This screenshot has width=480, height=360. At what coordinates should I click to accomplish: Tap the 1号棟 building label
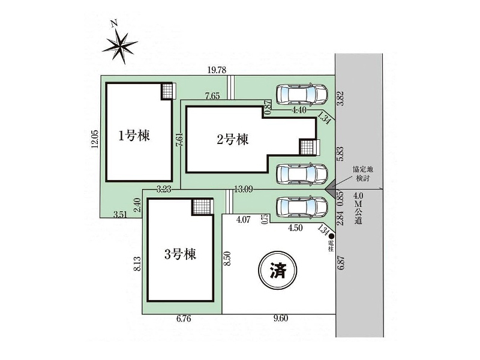tap(134, 136)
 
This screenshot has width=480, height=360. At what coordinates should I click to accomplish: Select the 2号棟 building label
tap(233, 140)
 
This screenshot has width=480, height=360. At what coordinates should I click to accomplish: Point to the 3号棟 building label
tap(180, 254)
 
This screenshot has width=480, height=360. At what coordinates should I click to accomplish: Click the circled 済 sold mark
tap(278, 271)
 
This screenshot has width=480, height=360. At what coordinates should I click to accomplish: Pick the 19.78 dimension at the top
tap(217, 70)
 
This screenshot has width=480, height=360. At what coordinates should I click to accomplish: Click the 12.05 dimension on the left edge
tap(95, 139)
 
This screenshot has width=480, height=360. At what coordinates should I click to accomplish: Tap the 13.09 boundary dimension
tap(244, 189)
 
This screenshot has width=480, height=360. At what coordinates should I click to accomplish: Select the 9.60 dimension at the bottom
tap(281, 319)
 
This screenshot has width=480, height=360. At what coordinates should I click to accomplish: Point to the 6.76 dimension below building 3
tap(184, 319)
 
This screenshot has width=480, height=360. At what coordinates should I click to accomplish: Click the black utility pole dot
tap(331, 236)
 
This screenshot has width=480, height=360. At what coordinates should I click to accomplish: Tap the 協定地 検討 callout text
tap(363, 173)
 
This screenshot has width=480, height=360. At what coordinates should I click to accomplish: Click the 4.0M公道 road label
tap(358, 208)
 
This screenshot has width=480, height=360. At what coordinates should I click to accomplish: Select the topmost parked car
tap(302, 94)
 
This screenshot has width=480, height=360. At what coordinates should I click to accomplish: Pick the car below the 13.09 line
tap(302, 207)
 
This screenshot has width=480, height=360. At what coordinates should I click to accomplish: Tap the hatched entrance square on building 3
tap(202, 207)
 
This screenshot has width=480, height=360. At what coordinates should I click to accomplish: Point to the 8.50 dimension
tap(227, 259)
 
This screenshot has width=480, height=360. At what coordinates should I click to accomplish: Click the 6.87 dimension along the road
tap(341, 262)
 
